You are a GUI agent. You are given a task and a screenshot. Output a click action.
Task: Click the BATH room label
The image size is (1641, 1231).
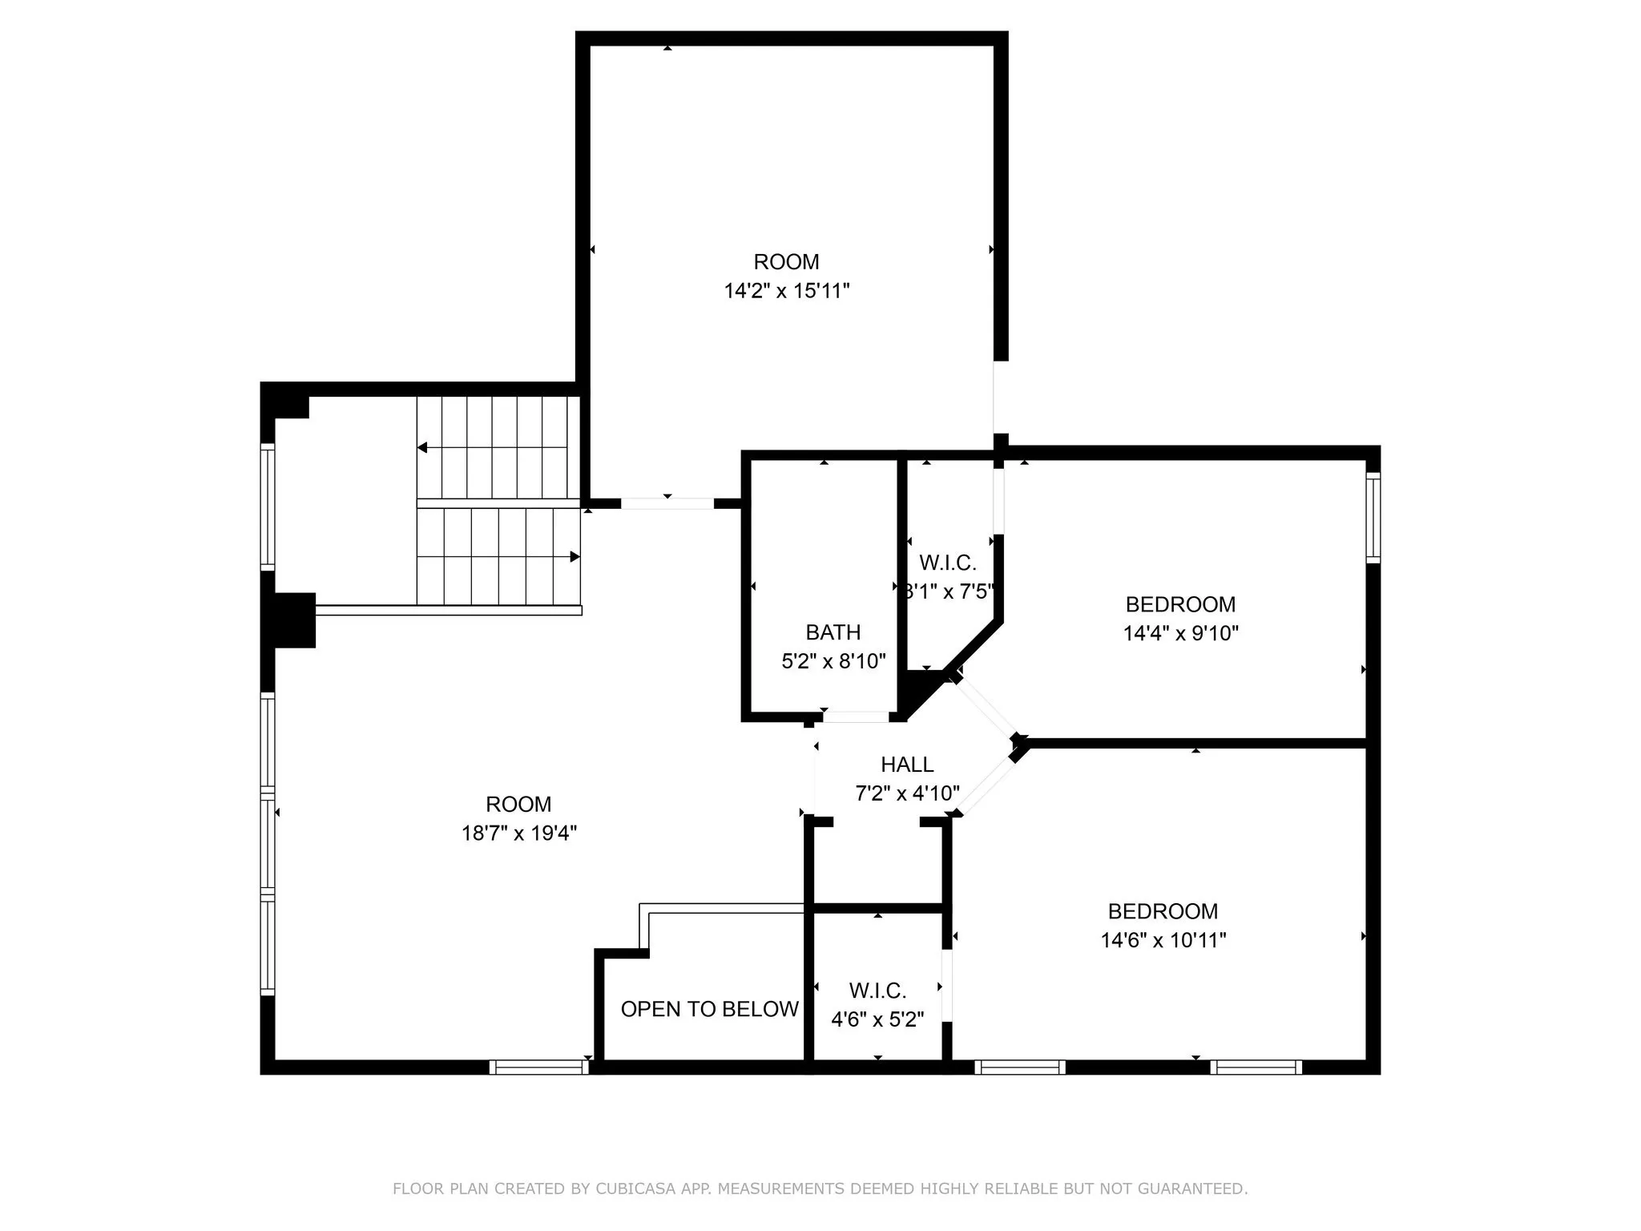coord(833,632)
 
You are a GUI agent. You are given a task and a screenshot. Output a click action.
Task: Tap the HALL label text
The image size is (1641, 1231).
coord(907,764)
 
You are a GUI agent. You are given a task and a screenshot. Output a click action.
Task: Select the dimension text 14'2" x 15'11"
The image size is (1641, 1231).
coord(786,291)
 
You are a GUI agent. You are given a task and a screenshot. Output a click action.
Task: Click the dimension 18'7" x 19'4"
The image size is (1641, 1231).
coord(518,833)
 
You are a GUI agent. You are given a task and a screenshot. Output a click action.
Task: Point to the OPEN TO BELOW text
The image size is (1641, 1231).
coord(709,1009)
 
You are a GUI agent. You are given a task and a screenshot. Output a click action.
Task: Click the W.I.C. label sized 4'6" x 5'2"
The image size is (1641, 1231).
coord(877,991)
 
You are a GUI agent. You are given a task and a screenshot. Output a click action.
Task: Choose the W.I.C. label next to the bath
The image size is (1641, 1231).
coord(947,563)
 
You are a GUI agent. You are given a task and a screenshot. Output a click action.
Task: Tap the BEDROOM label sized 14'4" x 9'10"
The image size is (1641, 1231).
coord(1179,604)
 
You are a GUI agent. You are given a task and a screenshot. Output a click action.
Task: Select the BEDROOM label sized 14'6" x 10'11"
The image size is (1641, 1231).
coord(1163,911)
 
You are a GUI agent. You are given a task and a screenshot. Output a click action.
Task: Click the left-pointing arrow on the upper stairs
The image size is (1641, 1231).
coord(422,447)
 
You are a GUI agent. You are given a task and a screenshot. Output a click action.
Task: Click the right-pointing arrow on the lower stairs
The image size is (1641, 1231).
coord(575,556)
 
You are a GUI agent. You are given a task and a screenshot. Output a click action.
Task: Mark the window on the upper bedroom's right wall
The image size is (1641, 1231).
coord(1373,517)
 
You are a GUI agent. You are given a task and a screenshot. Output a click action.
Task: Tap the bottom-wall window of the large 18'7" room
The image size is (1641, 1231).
coord(538,1067)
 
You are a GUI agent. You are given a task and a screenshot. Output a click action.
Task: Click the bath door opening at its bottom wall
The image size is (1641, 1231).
coord(856,716)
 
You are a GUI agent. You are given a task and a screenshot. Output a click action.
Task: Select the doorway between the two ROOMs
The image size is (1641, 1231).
coord(667,503)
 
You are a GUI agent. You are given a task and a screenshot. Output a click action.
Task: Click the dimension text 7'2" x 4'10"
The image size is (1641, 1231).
coord(907,793)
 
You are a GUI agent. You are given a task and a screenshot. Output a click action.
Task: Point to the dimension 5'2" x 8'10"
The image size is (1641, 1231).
coord(833,661)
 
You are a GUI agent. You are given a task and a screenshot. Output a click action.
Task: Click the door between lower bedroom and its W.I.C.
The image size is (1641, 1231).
coord(946,986)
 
